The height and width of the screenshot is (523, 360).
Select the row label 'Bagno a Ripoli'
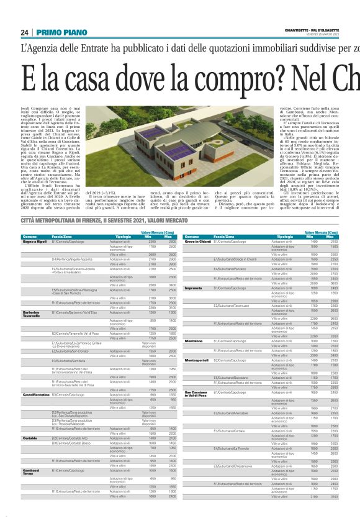[x=35, y=242]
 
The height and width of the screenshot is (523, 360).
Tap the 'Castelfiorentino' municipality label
[x=37, y=393]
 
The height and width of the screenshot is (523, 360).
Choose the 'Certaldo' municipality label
[x=30, y=437]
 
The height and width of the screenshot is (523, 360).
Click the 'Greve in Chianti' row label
[x=198, y=242]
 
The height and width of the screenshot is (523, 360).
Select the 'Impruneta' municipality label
[x=194, y=288]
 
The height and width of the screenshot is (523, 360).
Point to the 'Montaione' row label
[x=194, y=341]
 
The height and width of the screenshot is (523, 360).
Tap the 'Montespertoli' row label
[x=197, y=360]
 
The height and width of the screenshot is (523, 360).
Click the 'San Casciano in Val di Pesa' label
[x=196, y=394]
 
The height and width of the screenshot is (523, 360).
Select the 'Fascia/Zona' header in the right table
[x=225, y=237]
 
